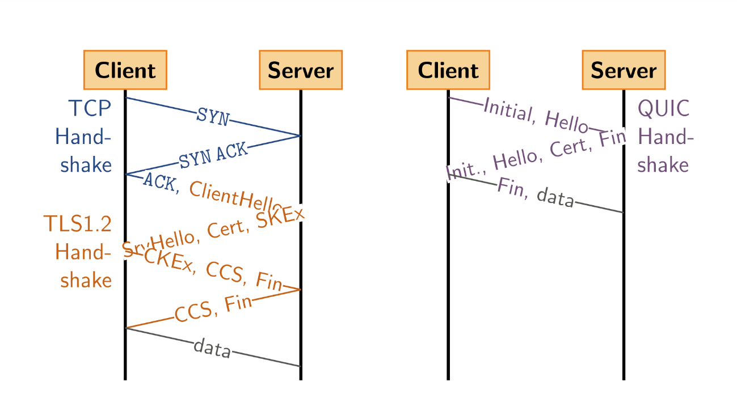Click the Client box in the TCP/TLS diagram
coord(125,70)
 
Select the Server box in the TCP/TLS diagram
coord(301,70)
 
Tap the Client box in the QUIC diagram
coord(448,70)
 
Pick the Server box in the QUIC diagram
coord(624,70)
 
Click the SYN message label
coord(213,117)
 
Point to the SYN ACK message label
coord(213,155)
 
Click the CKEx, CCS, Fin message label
coord(213,270)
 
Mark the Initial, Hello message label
coord(536,116)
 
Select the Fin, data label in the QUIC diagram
coord(536,193)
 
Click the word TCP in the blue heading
coord(90,108)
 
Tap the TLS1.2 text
coord(77,224)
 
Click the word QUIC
coord(664,108)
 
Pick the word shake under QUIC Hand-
coord(663,164)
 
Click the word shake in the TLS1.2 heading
coord(86,280)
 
